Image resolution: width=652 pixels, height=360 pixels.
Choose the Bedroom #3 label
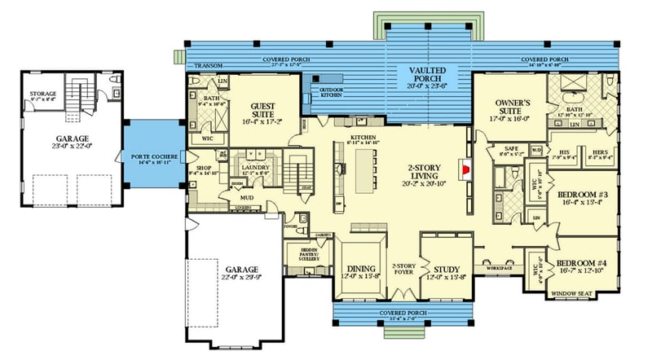point(579,196)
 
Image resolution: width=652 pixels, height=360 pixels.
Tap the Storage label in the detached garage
point(43,94)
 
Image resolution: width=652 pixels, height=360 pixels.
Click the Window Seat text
point(573,293)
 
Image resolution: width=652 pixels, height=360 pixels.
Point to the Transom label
point(201,66)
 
